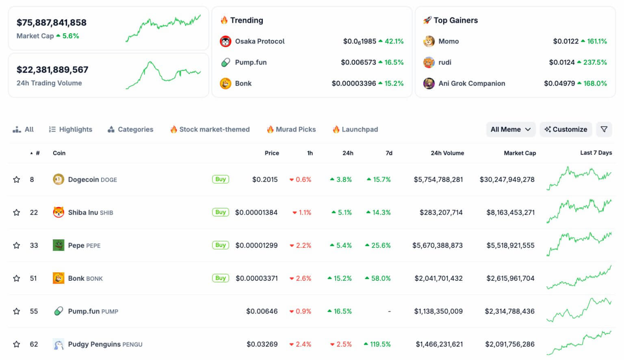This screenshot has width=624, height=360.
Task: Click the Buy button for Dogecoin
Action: (220, 179)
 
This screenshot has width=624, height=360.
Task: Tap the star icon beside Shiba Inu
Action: (17, 213)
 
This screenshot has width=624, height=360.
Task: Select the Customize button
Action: (565, 129)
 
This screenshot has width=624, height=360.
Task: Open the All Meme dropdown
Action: (511, 129)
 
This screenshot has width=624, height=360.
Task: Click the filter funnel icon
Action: (604, 129)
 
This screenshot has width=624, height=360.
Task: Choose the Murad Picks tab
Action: (291, 129)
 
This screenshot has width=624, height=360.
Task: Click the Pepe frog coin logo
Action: (58, 245)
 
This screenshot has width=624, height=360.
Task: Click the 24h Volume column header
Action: (447, 153)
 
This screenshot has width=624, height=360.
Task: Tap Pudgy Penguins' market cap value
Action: (509, 344)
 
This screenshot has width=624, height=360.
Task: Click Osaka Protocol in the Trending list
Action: (260, 41)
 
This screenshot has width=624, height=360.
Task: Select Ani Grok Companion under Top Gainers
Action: (472, 83)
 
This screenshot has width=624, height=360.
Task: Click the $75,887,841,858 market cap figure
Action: (52, 23)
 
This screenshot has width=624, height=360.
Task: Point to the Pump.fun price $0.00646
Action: (262, 311)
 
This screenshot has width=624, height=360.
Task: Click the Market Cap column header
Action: (520, 153)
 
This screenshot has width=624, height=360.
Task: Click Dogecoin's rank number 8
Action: (32, 180)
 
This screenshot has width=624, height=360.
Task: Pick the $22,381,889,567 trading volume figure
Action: (52, 70)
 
